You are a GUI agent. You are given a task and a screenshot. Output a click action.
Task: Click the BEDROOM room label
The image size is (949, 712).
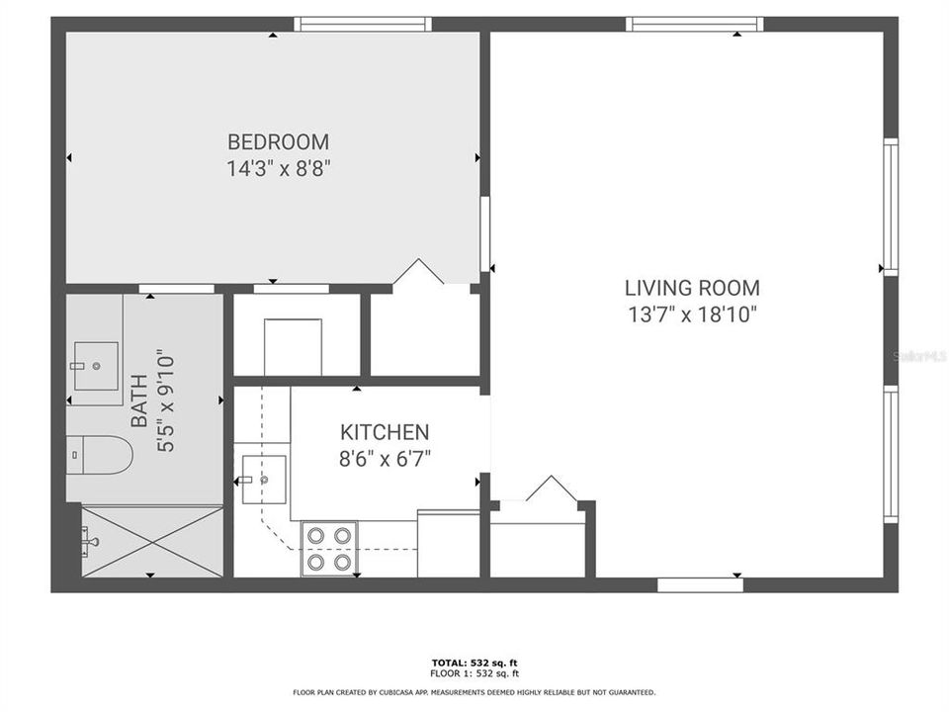278,141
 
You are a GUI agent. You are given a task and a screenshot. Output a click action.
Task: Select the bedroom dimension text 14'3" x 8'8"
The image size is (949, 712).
278,168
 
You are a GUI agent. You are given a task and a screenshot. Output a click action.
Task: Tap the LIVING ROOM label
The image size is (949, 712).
692,288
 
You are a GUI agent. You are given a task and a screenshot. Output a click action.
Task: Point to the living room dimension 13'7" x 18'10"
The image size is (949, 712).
692,314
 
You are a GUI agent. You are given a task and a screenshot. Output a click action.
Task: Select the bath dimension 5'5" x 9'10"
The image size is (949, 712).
165,400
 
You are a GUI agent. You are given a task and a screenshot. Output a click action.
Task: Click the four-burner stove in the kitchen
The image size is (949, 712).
329,548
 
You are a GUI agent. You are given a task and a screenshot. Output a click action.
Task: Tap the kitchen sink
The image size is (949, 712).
264,480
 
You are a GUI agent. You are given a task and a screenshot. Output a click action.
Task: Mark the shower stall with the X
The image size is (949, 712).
151,541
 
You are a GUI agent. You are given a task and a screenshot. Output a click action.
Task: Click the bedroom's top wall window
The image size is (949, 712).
363,24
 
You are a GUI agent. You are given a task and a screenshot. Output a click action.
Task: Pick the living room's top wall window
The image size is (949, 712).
696,24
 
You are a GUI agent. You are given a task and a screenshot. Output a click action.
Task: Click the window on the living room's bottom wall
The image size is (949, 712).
700,584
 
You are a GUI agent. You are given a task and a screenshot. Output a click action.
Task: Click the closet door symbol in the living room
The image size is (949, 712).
551,489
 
